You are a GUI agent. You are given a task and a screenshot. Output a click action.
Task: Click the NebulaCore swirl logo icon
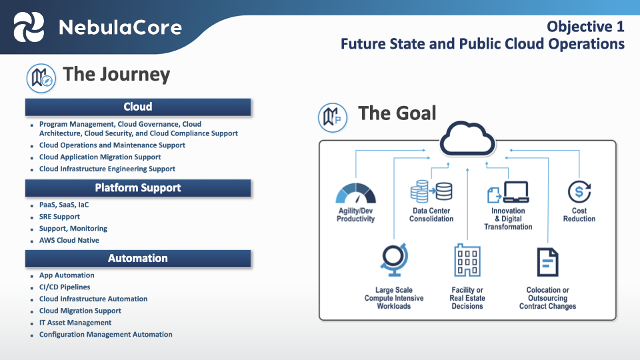pos(30,27)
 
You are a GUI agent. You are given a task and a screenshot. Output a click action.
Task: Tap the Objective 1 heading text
pos(585,27)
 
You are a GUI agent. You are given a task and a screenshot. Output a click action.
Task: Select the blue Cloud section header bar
pos(138,107)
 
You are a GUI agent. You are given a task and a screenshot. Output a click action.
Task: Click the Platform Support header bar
pos(138,188)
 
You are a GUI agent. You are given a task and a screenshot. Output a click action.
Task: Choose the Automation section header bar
pos(138,258)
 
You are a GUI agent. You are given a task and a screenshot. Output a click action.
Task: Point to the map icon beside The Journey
pos(40,77)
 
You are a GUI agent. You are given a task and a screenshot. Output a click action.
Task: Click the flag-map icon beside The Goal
pos(332,116)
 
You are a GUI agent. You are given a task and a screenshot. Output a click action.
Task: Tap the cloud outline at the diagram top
pos(467,139)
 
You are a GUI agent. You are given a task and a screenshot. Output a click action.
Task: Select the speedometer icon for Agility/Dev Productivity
pos(355,193)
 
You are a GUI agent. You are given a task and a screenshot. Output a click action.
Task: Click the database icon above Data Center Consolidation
pos(431,191)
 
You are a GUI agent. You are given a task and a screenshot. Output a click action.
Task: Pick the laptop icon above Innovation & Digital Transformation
pos(509,192)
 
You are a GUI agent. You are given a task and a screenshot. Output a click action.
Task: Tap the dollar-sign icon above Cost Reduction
pos(579,192)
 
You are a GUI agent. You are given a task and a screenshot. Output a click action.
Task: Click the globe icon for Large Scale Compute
pos(394,261)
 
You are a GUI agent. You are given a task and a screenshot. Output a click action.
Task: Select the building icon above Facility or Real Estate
pos(467,260)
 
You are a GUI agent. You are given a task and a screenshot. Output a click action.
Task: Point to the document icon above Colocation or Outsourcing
pos(547,261)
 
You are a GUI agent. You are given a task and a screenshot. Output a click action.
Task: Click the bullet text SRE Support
pos(59,217)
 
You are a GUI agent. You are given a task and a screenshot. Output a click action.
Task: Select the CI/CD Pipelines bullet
pos(65,287)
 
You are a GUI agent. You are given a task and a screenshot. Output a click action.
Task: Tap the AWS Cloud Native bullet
pos(69,240)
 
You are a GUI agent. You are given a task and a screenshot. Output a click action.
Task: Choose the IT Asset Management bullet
pos(75,323)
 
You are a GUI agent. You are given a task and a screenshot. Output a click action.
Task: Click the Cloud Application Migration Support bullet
pos(100,157)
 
